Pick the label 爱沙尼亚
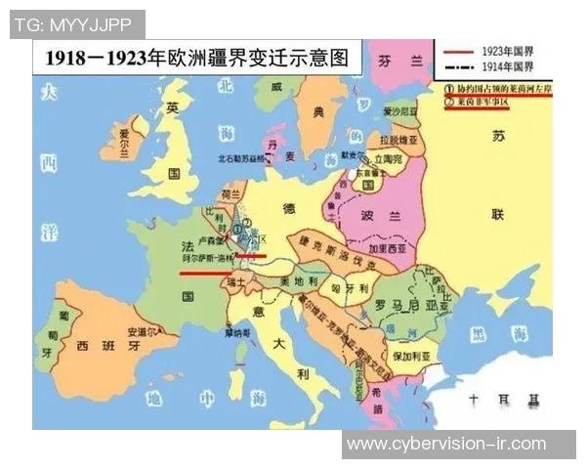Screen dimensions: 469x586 pos(399,111)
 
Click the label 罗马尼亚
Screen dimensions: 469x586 pos(401,306)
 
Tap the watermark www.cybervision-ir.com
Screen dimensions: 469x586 pos(460,445)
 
